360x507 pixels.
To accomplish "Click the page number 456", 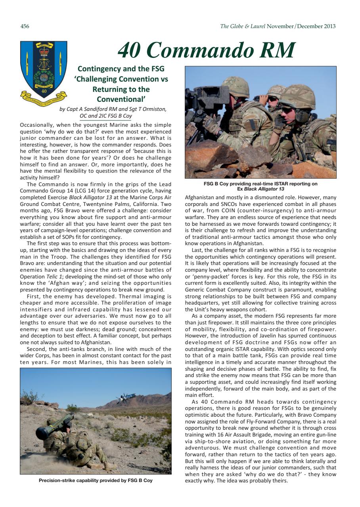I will click(x=25, y=27).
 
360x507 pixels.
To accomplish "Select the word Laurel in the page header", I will click(x=257, y=27).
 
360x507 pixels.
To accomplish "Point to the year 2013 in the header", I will click(x=329, y=27).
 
